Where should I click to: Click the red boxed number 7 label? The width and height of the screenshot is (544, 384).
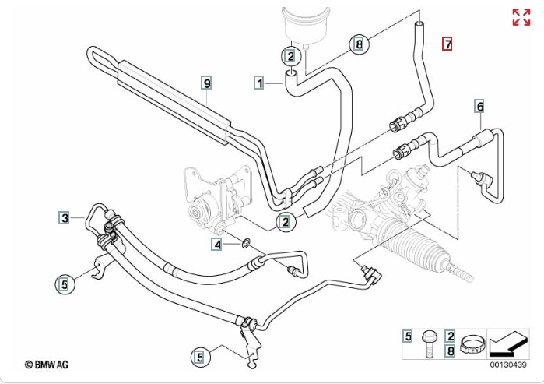tap(447, 44)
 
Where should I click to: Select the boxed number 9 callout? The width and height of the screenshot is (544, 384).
tap(206, 82)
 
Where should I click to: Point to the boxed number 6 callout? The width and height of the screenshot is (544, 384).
tap(479, 106)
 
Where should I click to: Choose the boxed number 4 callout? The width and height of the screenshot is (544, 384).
tap(219, 245)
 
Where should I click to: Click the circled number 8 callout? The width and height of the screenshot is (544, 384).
tap(359, 44)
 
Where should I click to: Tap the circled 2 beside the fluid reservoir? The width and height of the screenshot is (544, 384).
tap(290, 56)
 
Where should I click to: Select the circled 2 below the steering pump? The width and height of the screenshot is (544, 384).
tap(286, 224)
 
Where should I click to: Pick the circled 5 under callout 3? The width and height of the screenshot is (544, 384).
tap(65, 284)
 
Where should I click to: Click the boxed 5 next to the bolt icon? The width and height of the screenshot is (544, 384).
tap(407, 336)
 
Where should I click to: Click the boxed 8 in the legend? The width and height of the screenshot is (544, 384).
tap(450, 351)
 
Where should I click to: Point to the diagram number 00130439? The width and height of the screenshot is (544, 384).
tap(507, 365)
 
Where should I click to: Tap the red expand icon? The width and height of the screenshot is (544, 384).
tap(521, 17)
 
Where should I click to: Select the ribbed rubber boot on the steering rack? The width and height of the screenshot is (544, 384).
tap(420, 254)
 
